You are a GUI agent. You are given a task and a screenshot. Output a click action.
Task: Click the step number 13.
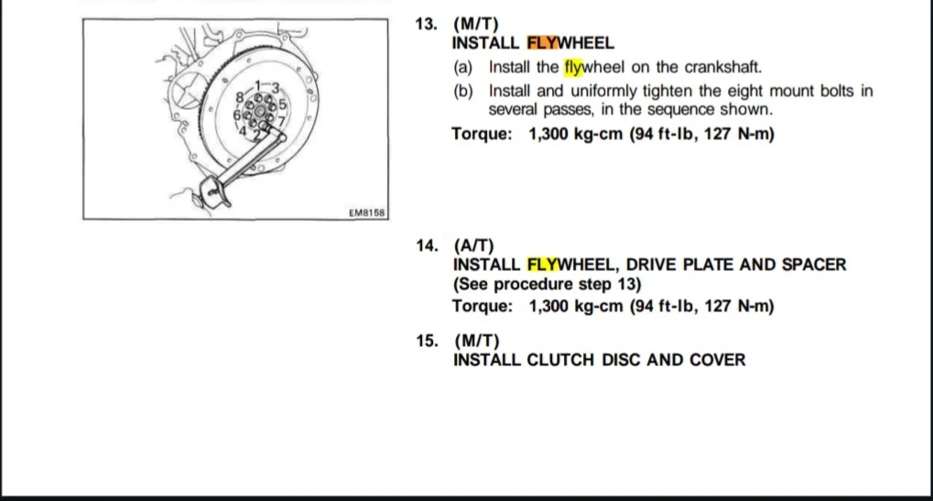(426, 25)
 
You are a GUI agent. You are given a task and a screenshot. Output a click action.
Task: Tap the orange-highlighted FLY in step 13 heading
(542, 43)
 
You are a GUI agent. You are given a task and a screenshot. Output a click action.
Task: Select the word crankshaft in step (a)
(723, 67)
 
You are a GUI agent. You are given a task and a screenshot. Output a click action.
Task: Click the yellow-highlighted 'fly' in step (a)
(573, 67)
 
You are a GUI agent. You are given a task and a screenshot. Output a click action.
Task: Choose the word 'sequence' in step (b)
(681, 110)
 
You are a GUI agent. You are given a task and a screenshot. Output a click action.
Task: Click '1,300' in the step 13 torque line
(548, 134)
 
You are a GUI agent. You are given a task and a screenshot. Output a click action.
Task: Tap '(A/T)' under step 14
(473, 245)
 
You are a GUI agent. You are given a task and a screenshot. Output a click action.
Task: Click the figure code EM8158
(366, 212)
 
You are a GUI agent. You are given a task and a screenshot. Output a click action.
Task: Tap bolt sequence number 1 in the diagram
(257, 86)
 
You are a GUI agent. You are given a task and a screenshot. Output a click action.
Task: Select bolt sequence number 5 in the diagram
(282, 104)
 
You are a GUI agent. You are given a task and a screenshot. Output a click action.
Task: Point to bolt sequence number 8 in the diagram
(240, 97)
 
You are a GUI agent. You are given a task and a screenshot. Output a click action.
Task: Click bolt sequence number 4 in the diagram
(243, 130)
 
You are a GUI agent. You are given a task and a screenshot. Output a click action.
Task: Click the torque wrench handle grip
(212, 191)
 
